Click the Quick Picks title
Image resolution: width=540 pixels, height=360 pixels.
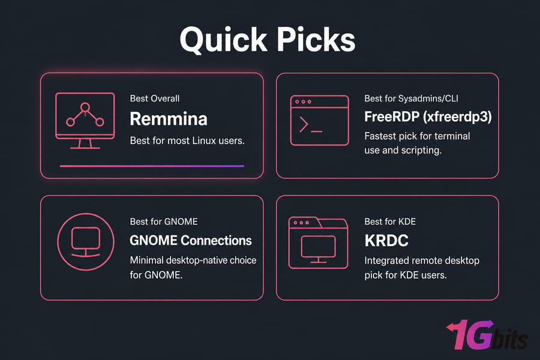tap(267, 40)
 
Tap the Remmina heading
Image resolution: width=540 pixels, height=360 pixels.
tap(169, 119)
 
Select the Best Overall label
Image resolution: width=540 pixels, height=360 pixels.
tap(155, 98)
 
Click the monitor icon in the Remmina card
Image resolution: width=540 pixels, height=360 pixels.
tap(85, 121)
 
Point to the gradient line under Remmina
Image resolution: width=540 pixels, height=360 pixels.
tap(152, 166)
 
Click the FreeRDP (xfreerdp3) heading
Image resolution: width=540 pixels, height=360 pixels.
tap(428, 117)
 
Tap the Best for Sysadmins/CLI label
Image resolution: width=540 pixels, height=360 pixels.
tap(411, 98)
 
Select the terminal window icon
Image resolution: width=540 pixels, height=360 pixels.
tap(320, 121)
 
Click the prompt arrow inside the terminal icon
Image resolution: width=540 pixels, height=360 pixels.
tap(304, 124)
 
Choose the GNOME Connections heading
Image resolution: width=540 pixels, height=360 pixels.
tap(190, 241)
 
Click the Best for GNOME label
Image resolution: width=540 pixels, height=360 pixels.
tap(164, 221)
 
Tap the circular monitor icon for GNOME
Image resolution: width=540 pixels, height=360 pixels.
tap(86, 242)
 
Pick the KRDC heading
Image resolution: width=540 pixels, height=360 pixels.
tap(386, 241)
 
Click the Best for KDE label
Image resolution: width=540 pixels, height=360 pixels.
tap(390, 221)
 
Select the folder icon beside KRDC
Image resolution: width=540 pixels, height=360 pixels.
tap(318, 242)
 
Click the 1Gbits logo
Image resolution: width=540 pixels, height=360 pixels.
tap(487, 335)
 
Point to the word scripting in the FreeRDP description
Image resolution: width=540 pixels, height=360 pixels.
tap(421, 151)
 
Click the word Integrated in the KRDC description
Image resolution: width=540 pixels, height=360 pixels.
tap(387, 261)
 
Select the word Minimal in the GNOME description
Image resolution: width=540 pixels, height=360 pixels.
tap(147, 260)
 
